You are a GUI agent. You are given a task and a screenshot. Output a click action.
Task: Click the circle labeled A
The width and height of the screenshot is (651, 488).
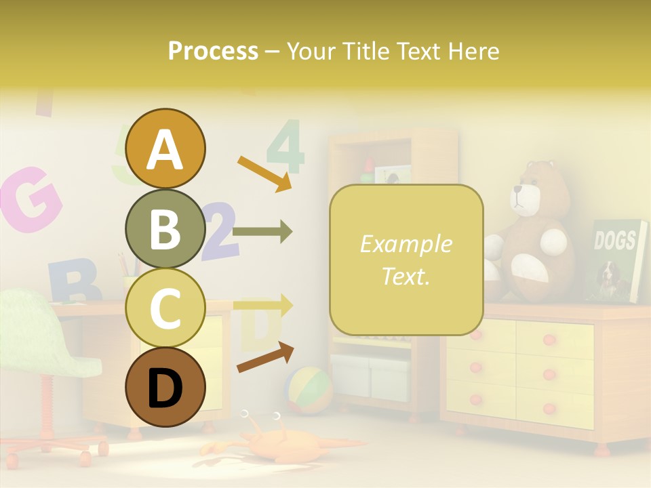click(x=165, y=148)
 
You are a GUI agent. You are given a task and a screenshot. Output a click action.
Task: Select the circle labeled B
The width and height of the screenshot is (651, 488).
click(x=165, y=229)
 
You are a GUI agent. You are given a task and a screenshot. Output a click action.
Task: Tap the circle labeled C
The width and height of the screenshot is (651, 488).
click(x=165, y=308)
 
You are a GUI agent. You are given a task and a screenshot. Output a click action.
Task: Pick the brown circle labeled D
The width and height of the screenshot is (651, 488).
click(x=165, y=388)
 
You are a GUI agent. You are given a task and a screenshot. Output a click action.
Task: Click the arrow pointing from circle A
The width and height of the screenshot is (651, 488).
click(x=264, y=174)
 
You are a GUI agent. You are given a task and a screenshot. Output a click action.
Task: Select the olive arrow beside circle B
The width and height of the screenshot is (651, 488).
click(x=262, y=232)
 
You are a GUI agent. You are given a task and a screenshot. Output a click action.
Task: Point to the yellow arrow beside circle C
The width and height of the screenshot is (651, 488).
click(x=262, y=304)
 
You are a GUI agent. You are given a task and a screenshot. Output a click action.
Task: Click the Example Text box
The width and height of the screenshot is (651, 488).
click(x=406, y=260)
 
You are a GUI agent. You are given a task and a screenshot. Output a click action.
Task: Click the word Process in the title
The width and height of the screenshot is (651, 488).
click(x=213, y=52)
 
